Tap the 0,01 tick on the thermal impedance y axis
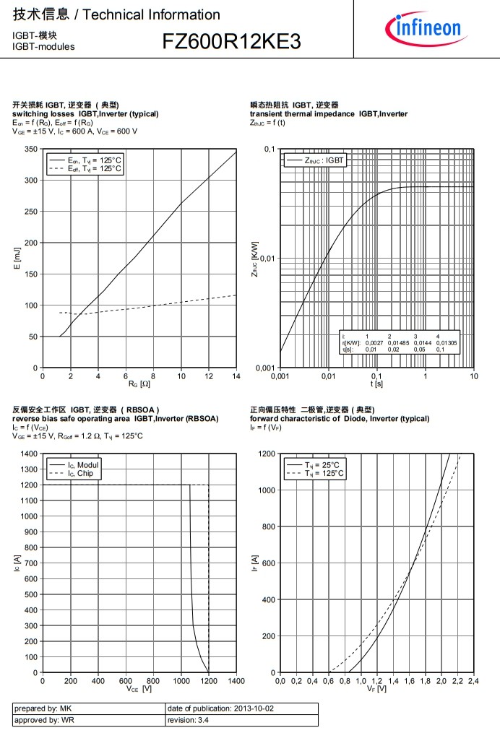(267, 259)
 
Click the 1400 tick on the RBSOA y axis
(28, 454)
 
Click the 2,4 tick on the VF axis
(473, 682)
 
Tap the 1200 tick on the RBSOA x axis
(208, 682)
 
